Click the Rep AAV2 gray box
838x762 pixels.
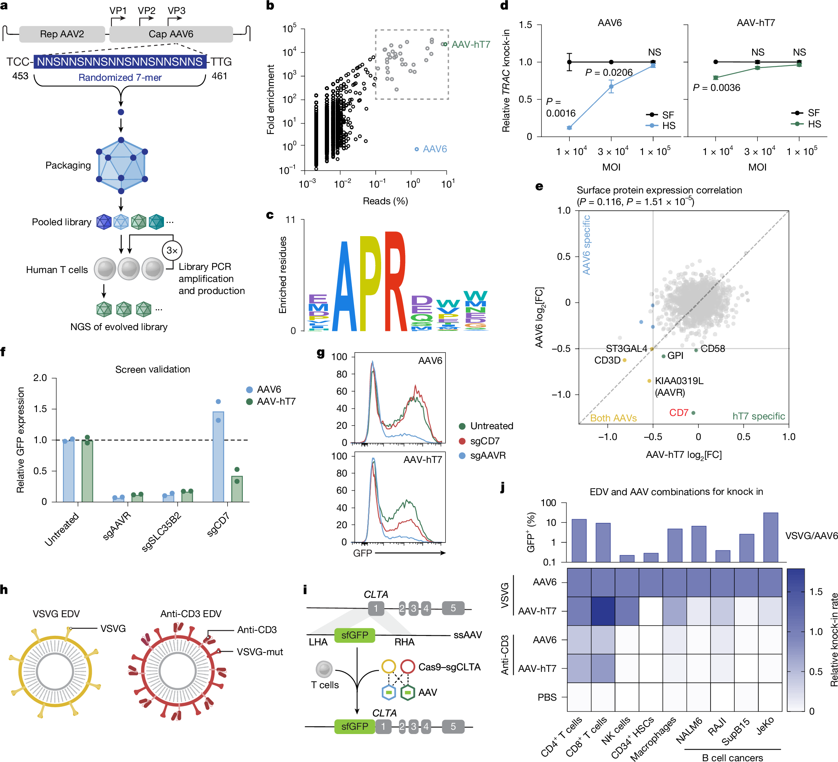point(62,34)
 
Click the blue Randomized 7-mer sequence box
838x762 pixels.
point(120,62)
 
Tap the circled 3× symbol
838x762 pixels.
point(172,251)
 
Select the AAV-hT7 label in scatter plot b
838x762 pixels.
point(470,44)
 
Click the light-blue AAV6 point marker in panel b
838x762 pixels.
point(416,149)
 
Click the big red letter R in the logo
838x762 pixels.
point(395,282)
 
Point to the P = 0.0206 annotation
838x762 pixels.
point(608,73)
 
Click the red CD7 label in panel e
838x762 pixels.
point(678,412)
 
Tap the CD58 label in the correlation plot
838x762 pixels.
point(713,349)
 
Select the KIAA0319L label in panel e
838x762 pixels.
point(679,381)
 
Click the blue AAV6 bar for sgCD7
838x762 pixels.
point(218,457)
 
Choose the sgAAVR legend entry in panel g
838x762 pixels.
point(488,455)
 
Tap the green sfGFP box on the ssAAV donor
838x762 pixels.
point(355,635)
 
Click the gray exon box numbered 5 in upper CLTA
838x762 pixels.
point(453,608)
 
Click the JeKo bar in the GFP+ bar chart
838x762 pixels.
point(770,537)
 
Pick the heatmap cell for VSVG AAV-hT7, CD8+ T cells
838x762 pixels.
point(603,611)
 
